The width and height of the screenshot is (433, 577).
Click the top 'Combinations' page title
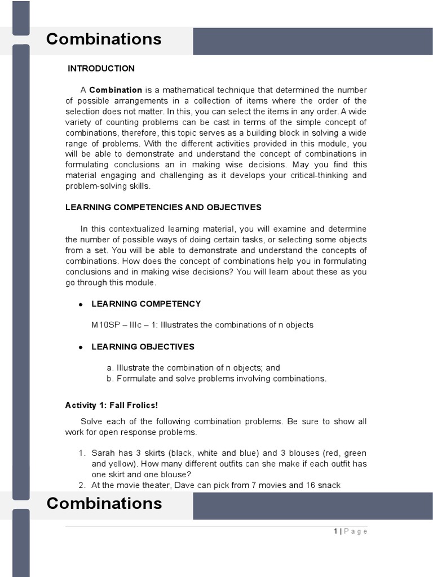[104, 39]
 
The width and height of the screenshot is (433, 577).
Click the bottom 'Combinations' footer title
[104, 503]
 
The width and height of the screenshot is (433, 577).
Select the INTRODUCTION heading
[101, 69]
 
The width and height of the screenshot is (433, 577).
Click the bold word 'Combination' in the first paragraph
[116, 90]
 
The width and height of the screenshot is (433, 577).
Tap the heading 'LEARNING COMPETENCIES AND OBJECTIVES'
[164, 207]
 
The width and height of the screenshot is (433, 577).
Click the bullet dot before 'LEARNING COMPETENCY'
[81, 304]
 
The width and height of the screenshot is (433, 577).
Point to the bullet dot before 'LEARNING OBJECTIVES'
[81, 347]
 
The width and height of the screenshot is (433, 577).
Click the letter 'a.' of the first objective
[110, 368]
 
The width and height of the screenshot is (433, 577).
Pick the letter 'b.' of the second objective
[110, 379]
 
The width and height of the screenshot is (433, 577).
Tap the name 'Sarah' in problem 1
[103, 453]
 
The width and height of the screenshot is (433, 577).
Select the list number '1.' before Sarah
[82, 453]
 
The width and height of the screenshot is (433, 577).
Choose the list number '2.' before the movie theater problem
[82, 485]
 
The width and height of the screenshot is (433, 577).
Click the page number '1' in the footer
[335, 531]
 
